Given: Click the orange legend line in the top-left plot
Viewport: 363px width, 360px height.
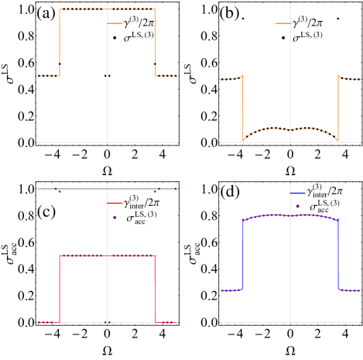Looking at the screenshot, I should click(x=115, y=24).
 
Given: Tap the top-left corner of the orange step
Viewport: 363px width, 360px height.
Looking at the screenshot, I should click(x=60, y=10).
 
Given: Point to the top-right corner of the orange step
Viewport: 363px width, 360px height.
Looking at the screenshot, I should click(x=155, y=10).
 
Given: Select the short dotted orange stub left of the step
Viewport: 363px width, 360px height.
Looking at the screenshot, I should click(x=50, y=76).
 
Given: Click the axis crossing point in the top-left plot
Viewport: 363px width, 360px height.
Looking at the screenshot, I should click(x=108, y=142).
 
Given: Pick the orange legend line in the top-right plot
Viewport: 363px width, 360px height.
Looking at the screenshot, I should click(x=283, y=24).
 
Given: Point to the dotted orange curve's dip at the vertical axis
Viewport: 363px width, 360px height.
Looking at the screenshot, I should click(x=290, y=129).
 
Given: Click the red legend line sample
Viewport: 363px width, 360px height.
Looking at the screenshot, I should click(x=115, y=203).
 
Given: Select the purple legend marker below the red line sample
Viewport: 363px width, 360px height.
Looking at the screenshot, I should click(x=115, y=218).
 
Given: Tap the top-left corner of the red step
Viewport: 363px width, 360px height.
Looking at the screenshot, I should click(x=60, y=255).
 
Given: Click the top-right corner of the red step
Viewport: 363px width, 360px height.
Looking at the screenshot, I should click(x=155, y=255).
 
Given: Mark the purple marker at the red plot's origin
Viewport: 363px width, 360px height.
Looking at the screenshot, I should click(x=108, y=322).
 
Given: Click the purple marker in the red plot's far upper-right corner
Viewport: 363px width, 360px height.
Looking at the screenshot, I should click(x=176, y=189).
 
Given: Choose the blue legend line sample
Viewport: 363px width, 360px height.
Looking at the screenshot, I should click(x=297, y=193).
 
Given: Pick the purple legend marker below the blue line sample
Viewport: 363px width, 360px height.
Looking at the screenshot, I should click(x=297, y=206).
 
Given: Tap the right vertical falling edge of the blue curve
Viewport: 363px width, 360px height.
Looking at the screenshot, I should click(x=338, y=255).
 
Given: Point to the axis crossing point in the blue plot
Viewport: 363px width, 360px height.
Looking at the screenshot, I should click(x=290, y=322).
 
